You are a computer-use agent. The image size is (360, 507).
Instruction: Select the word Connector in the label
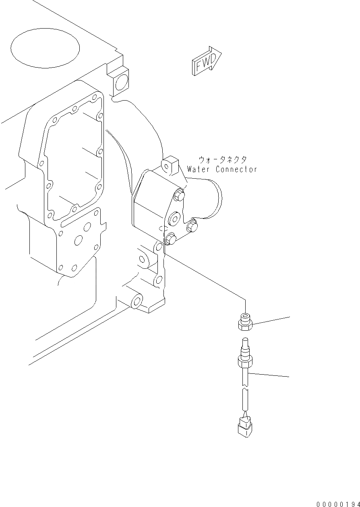click(236, 169)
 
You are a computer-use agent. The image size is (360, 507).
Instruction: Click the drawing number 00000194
click(337, 503)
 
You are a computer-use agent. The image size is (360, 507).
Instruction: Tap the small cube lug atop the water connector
click(169, 164)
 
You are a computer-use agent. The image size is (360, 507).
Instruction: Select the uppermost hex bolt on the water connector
click(180, 196)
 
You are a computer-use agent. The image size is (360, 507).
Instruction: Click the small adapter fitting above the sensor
click(244, 322)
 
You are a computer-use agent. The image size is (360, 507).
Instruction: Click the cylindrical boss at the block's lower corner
click(136, 301)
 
